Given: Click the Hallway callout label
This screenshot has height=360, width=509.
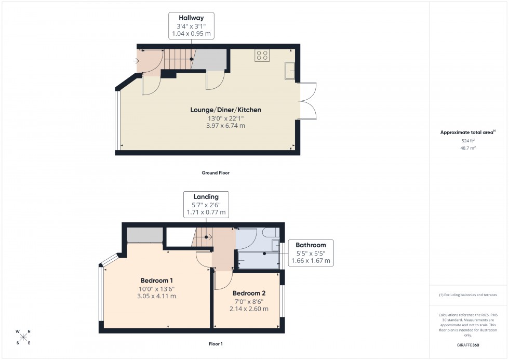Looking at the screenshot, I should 192,18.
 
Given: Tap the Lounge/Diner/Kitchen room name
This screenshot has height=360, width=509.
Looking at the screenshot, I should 225,110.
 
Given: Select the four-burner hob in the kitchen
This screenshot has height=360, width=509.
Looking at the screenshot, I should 262,56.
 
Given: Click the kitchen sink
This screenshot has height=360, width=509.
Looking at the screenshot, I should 289,71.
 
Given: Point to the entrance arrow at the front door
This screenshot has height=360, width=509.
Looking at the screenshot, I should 137,61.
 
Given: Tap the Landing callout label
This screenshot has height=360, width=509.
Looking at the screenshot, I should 206,197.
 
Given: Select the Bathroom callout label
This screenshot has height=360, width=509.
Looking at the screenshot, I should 311,245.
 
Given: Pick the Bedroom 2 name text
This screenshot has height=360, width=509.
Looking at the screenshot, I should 249,293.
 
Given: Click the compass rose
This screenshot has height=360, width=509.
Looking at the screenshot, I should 23,337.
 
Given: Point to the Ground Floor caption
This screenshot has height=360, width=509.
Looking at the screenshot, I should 216,172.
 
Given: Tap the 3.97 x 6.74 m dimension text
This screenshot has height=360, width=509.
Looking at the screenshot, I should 225,126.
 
